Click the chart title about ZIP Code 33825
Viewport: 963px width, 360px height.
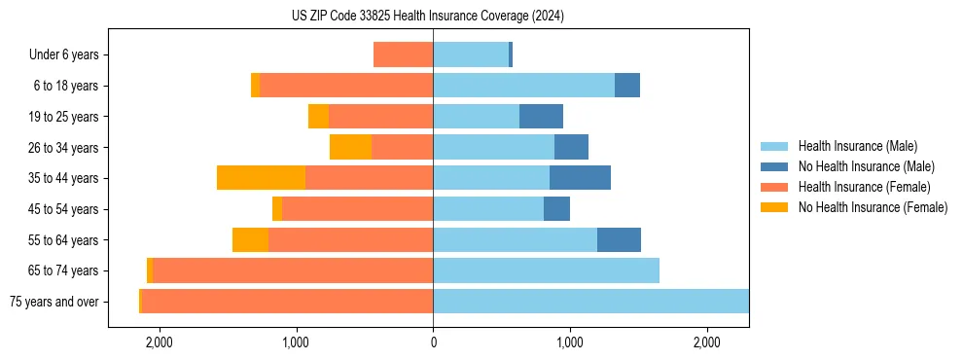click(427, 16)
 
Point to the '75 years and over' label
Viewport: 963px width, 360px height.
click(53, 302)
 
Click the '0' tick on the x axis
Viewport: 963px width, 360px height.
click(433, 342)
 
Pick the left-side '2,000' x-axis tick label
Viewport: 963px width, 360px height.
click(159, 342)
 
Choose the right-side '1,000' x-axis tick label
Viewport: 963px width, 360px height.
click(570, 342)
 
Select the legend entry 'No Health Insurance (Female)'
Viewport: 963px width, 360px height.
click(873, 207)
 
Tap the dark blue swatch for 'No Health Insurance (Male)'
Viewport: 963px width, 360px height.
click(775, 166)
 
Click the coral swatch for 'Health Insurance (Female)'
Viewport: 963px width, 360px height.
click(775, 187)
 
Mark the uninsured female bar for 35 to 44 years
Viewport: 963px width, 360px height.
click(261, 178)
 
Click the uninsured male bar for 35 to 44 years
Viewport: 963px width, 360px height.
click(580, 178)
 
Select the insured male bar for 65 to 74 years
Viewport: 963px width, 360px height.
click(546, 270)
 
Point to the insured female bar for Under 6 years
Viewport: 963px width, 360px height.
click(403, 55)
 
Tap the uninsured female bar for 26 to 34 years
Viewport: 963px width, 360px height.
click(350, 147)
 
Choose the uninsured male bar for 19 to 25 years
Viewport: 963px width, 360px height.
click(541, 117)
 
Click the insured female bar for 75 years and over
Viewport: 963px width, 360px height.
click(287, 302)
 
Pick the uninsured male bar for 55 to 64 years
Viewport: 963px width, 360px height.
click(619, 239)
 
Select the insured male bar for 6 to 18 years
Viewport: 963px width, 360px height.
click(523, 86)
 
